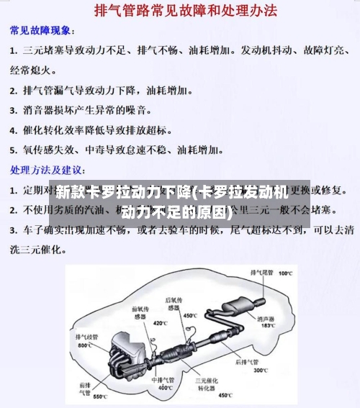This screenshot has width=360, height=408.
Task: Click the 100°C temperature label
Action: point(286,273)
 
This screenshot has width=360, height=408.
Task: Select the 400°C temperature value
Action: point(165,388)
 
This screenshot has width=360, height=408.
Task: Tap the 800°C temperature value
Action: point(85,345)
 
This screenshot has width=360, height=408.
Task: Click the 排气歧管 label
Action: point(87,336)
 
